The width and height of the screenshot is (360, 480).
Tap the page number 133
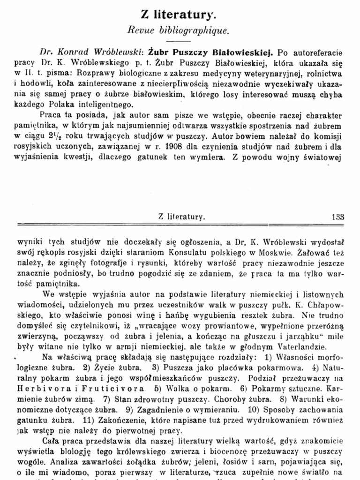337,217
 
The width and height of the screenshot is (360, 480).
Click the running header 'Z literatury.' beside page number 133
181,217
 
